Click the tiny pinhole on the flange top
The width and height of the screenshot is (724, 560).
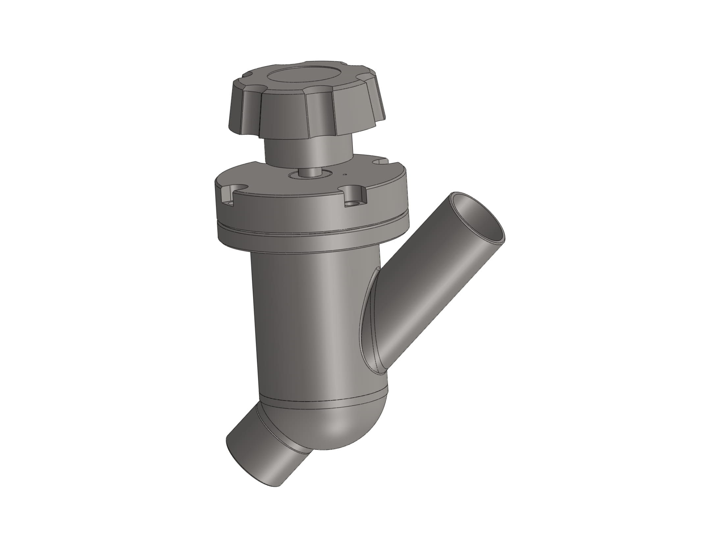point(346,173)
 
